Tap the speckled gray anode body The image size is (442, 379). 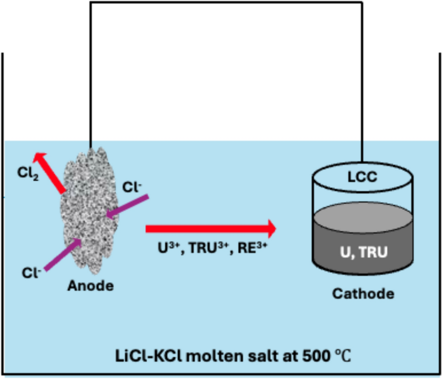[x=89, y=214]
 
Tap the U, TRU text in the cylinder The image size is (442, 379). [x=363, y=252]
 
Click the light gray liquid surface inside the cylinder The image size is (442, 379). [x=363, y=214]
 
